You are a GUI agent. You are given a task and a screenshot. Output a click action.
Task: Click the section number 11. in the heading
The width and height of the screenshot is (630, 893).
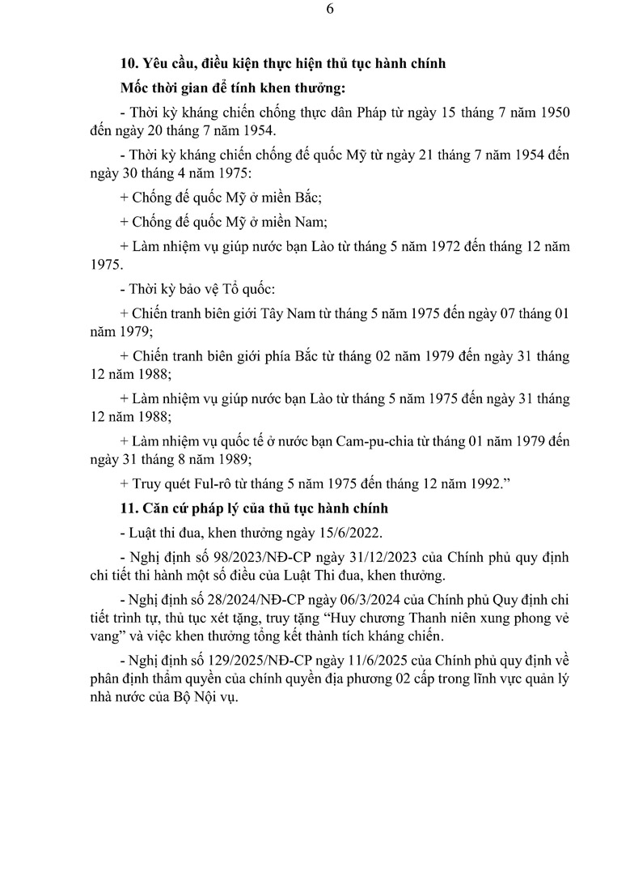pos(129,508)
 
